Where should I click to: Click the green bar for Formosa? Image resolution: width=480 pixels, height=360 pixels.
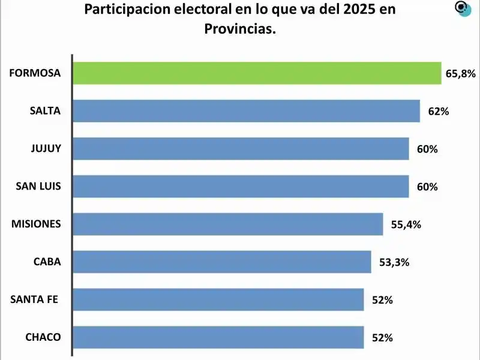(x=257, y=73)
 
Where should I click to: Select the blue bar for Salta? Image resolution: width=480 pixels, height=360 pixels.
(x=246, y=111)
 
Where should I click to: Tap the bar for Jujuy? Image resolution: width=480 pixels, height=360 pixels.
(x=241, y=149)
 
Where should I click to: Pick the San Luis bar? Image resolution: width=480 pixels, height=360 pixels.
(x=241, y=187)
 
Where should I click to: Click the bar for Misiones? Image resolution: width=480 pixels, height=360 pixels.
(x=228, y=224)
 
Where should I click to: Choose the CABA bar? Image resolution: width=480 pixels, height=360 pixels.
(x=222, y=262)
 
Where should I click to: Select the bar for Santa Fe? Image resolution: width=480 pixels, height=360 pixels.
(x=218, y=299)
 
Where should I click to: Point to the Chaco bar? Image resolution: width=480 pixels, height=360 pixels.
(x=218, y=337)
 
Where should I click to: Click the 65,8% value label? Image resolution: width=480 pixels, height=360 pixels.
(x=461, y=74)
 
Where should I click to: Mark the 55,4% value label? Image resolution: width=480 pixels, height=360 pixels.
(x=406, y=225)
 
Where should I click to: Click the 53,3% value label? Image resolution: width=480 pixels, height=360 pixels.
(x=394, y=262)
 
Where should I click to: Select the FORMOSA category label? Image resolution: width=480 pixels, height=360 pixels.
(x=35, y=73)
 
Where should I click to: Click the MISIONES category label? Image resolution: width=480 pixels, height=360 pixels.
(x=36, y=224)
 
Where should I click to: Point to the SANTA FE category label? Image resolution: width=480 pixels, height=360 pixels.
(x=34, y=299)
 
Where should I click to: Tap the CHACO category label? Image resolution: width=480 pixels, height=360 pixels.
(x=43, y=337)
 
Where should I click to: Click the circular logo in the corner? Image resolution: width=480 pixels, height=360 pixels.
(x=463, y=9)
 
